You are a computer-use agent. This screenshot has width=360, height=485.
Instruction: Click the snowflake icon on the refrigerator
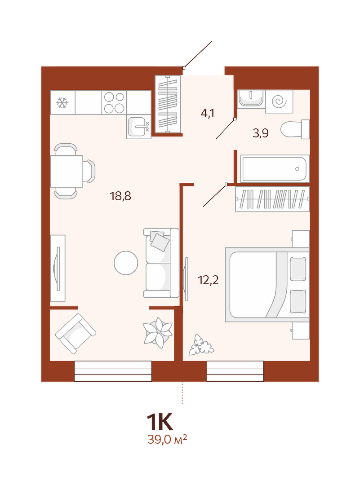(x=62, y=103)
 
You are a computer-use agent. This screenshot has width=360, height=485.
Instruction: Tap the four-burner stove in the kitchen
(x=114, y=102)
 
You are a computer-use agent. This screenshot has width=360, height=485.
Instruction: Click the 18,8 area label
(x=120, y=196)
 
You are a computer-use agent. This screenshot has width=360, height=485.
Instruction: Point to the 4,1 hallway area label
(x=207, y=114)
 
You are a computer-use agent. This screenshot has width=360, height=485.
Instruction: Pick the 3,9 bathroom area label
(x=261, y=133)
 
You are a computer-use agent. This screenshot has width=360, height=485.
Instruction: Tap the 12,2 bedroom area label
(x=209, y=280)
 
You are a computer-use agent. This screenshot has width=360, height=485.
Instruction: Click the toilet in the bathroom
(x=295, y=129)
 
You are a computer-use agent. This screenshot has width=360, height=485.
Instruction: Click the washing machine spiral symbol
(x=279, y=101)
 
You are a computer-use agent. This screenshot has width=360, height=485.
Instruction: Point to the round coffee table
(x=126, y=263)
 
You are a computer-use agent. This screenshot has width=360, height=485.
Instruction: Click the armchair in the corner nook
(x=76, y=334)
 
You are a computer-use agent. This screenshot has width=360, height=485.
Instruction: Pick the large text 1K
(x=160, y=422)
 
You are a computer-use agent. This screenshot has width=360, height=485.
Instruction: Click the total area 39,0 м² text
(x=167, y=439)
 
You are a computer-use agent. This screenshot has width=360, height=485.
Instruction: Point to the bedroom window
(x=235, y=371)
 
